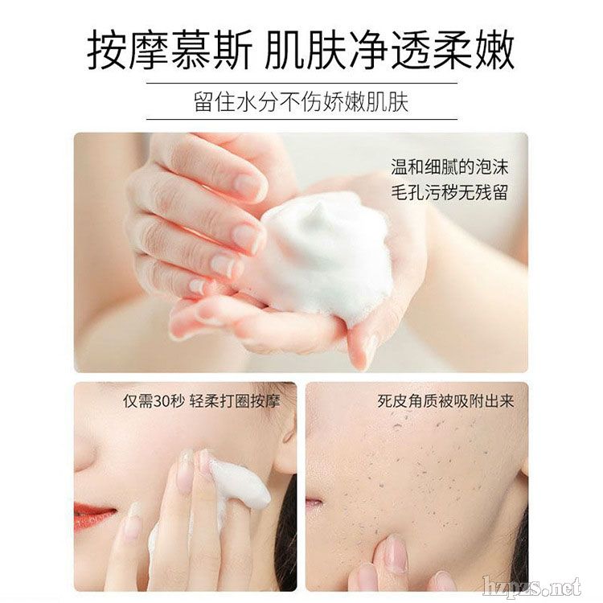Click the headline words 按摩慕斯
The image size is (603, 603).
(x=169, y=50)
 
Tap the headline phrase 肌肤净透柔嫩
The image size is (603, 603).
(x=389, y=50)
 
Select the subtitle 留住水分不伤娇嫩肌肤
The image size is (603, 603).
(x=301, y=101)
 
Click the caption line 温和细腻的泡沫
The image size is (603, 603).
(x=449, y=167)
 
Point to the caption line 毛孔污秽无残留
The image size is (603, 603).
(x=449, y=192)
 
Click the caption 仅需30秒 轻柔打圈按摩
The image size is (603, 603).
(x=202, y=401)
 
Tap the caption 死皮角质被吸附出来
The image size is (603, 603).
(x=445, y=401)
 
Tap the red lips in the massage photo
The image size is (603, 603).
(x=93, y=515)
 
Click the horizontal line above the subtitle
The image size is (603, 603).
(x=301, y=83)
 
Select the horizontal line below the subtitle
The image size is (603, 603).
(x=301, y=119)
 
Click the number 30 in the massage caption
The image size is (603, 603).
(x=162, y=401)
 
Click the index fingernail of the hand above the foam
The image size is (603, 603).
(x=247, y=184)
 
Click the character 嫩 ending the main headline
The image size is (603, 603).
(x=494, y=50)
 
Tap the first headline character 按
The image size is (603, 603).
(x=107, y=50)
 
